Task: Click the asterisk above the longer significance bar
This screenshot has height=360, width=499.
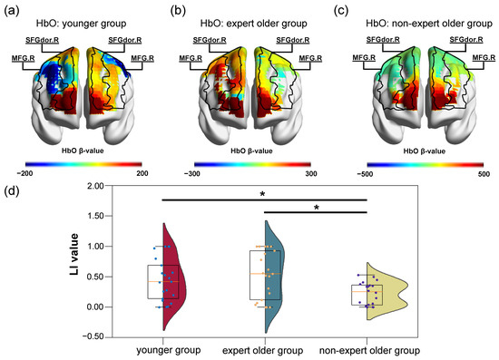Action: [263, 194]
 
